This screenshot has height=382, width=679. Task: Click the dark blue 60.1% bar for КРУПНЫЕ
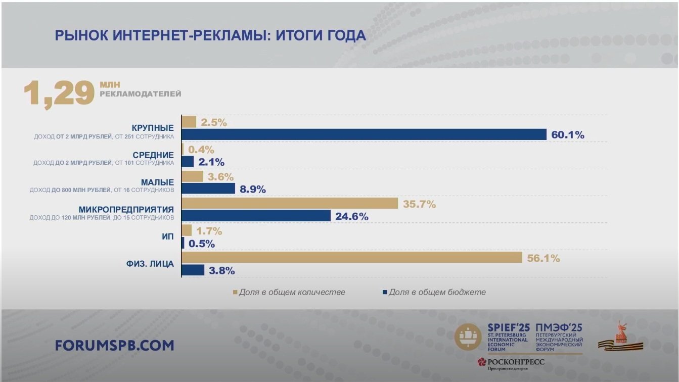coord(364,134)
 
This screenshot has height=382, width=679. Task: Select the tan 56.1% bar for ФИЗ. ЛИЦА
coord(351,258)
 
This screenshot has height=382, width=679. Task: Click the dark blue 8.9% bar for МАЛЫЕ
coord(208,188)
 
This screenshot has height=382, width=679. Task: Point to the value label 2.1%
coord(211,162)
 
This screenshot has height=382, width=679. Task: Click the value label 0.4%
coord(201,150)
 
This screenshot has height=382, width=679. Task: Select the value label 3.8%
coord(222,270)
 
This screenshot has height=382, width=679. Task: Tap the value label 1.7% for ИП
coord(209,231)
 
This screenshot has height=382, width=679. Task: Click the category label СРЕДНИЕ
coord(153,155)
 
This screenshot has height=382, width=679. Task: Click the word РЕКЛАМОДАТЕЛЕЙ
coord(140,94)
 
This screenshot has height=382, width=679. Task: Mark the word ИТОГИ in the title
coord(301,35)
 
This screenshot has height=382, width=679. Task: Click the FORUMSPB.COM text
coord(115,346)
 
